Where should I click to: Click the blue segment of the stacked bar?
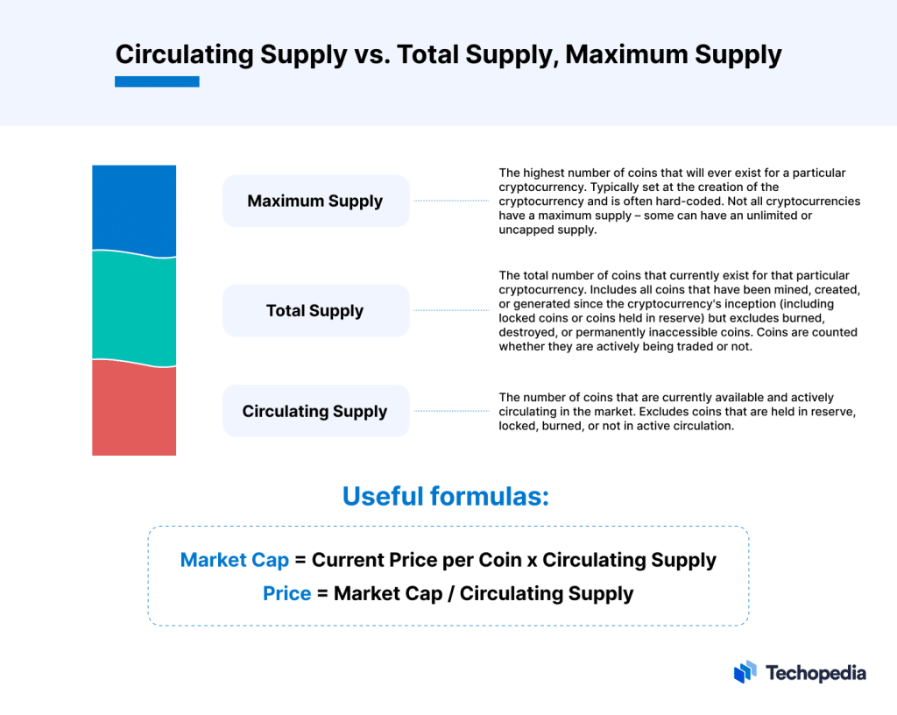click(x=134, y=209)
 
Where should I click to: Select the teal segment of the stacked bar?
click(x=134, y=307)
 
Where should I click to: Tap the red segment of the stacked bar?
click(x=134, y=409)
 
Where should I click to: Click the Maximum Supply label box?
click(x=315, y=201)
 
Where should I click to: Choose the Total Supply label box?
click(x=315, y=310)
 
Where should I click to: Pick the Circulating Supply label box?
click(x=315, y=411)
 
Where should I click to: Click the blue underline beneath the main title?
click(x=157, y=81)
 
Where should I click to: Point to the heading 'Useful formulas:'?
click(x=445, y=496)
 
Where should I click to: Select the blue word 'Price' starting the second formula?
click(x=287, y=593)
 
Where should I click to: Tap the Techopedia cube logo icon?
click(x=745, y=672)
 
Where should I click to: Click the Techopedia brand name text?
click(x=816, y=673)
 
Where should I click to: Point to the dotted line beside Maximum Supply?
click(x=450, y=201)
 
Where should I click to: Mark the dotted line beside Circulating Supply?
click(x=450, y=411)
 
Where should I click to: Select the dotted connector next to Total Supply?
click(x=450, y=310)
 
